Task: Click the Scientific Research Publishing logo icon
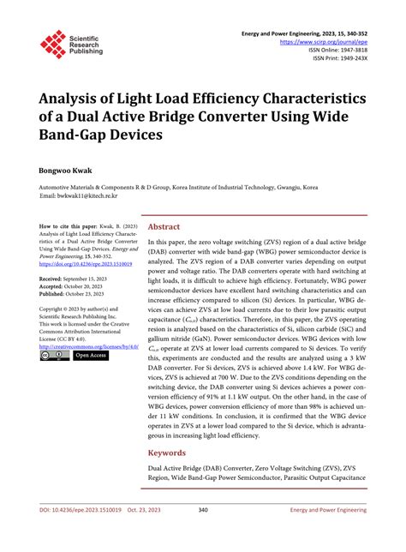pos(53,45)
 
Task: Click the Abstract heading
pos(164,227)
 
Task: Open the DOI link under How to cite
pos(83,264)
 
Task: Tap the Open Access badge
pos(91,356)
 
